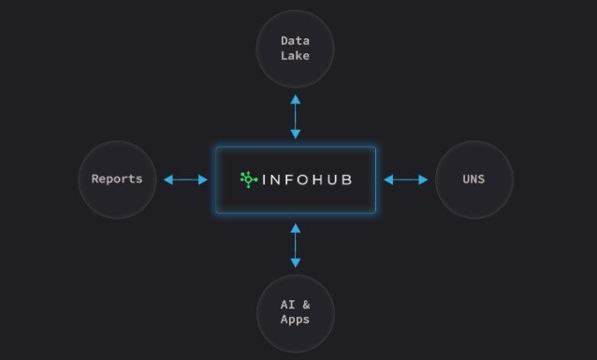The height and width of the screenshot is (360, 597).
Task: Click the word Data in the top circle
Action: [295, 41]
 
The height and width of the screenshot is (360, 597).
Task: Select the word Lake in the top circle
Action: [295, 55]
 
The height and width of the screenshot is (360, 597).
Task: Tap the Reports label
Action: [117, 180]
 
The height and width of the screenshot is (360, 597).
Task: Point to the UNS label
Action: [473, 180]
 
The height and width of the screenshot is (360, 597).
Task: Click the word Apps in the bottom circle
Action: [295, 320]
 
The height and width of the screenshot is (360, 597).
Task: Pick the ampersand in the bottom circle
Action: [306, 305]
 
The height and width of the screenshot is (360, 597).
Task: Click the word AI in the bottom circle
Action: [288, 305]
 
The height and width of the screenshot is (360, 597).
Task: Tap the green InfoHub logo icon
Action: [249, 180]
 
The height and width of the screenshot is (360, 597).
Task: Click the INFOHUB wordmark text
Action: [307, 180]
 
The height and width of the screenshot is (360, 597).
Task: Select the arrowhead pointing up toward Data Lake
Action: [296, 99]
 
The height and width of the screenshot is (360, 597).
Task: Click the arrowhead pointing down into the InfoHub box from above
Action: [296, 134]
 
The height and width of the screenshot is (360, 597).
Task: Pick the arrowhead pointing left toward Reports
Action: [168, 180]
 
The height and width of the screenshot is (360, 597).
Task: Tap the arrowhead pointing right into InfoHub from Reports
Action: [203, 180]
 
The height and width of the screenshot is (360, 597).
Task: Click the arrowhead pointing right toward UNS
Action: [423, 180]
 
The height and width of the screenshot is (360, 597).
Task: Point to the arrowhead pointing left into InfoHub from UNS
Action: [388, 180]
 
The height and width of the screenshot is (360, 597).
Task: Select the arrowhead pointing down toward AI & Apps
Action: [296, 263]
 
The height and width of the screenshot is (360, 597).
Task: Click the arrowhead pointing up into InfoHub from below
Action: [296, 228]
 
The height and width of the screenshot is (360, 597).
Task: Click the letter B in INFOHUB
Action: [347, 180]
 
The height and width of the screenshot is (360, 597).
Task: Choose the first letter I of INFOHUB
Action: [264, 180]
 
